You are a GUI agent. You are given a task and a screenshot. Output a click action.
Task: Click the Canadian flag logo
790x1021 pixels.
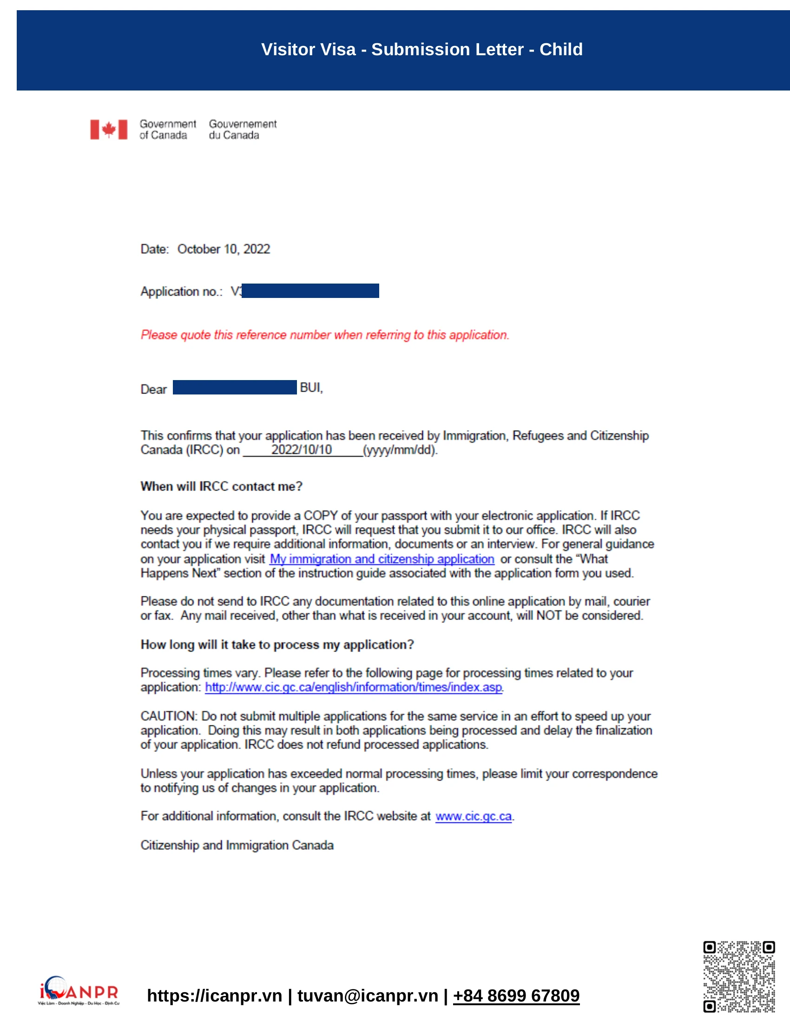click(x=109, y=129)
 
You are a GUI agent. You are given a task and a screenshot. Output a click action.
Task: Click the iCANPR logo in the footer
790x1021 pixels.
click(x=79, y=990)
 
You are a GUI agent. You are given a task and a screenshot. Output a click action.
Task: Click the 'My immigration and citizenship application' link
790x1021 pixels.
click(x=382, y=559)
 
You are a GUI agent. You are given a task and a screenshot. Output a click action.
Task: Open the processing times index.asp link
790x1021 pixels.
click(x=353, y=687)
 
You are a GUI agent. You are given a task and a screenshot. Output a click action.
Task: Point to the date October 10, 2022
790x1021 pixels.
click(x=223, y=249)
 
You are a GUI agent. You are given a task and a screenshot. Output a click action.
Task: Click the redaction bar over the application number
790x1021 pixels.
click(x=310, y=291)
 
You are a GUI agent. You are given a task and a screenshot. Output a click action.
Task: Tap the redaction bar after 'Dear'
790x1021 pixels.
click(x=235, y=387)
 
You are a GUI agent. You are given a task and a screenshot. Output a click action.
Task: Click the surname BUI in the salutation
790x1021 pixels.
click(x=310, y=388)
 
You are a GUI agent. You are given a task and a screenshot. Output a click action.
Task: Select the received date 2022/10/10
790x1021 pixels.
click(x=302, y=450)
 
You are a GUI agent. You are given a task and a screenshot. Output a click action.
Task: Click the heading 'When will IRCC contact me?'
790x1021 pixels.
click(x=221, y=486)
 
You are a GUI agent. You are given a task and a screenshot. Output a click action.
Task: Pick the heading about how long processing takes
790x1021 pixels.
click(x=277, y=644)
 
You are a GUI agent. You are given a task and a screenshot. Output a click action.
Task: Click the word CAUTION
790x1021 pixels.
click(x=169, y=716)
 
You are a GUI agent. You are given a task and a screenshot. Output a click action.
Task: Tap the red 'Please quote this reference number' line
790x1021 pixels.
click(x=325, y=335)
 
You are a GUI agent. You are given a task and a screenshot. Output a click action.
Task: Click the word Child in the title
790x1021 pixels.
click(x=561, y=49)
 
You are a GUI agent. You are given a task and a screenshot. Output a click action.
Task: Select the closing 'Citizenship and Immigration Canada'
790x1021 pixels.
click(x=237, y=845)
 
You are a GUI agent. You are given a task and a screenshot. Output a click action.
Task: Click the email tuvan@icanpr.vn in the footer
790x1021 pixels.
click(x=368, y=995)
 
